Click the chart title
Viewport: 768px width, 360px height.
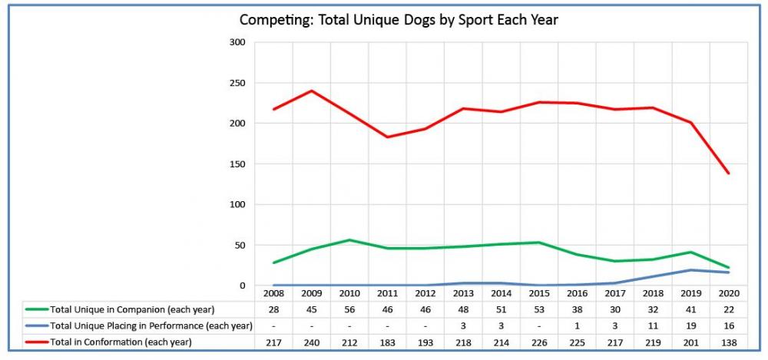coord(399,20)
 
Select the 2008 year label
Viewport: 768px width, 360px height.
coord(274,293)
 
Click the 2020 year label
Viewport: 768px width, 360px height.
coord(727,293)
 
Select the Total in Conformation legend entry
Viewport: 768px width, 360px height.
coord(121,342)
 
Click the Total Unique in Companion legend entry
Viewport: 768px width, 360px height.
coord(126,309)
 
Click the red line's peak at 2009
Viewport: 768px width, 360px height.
coord(312,91)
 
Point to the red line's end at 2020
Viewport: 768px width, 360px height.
coord(727,173)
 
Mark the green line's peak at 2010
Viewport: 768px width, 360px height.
coord(349,240)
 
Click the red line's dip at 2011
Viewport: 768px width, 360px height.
coord(387,137)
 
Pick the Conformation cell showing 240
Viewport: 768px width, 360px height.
coord(312,342)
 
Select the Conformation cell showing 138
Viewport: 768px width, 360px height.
coord(727,342)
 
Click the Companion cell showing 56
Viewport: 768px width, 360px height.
coord(349,309)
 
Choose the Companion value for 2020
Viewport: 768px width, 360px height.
coord(727,309)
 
